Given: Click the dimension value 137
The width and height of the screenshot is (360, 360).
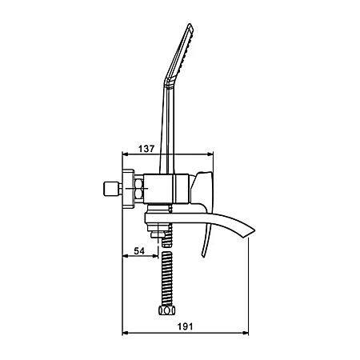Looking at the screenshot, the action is coord(146,149).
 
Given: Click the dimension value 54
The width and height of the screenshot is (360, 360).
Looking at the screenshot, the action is coord(139,251).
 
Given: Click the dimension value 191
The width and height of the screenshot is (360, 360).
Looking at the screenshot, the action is coord(185,326).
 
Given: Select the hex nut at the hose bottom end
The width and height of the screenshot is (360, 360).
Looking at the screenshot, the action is coord(167,310).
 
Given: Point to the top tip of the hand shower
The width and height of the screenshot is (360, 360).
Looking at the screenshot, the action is coord(190,24).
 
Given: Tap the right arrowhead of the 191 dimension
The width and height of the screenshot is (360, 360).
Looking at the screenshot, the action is coord(246,333).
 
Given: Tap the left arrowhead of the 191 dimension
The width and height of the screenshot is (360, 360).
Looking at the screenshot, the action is coord(125,333).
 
